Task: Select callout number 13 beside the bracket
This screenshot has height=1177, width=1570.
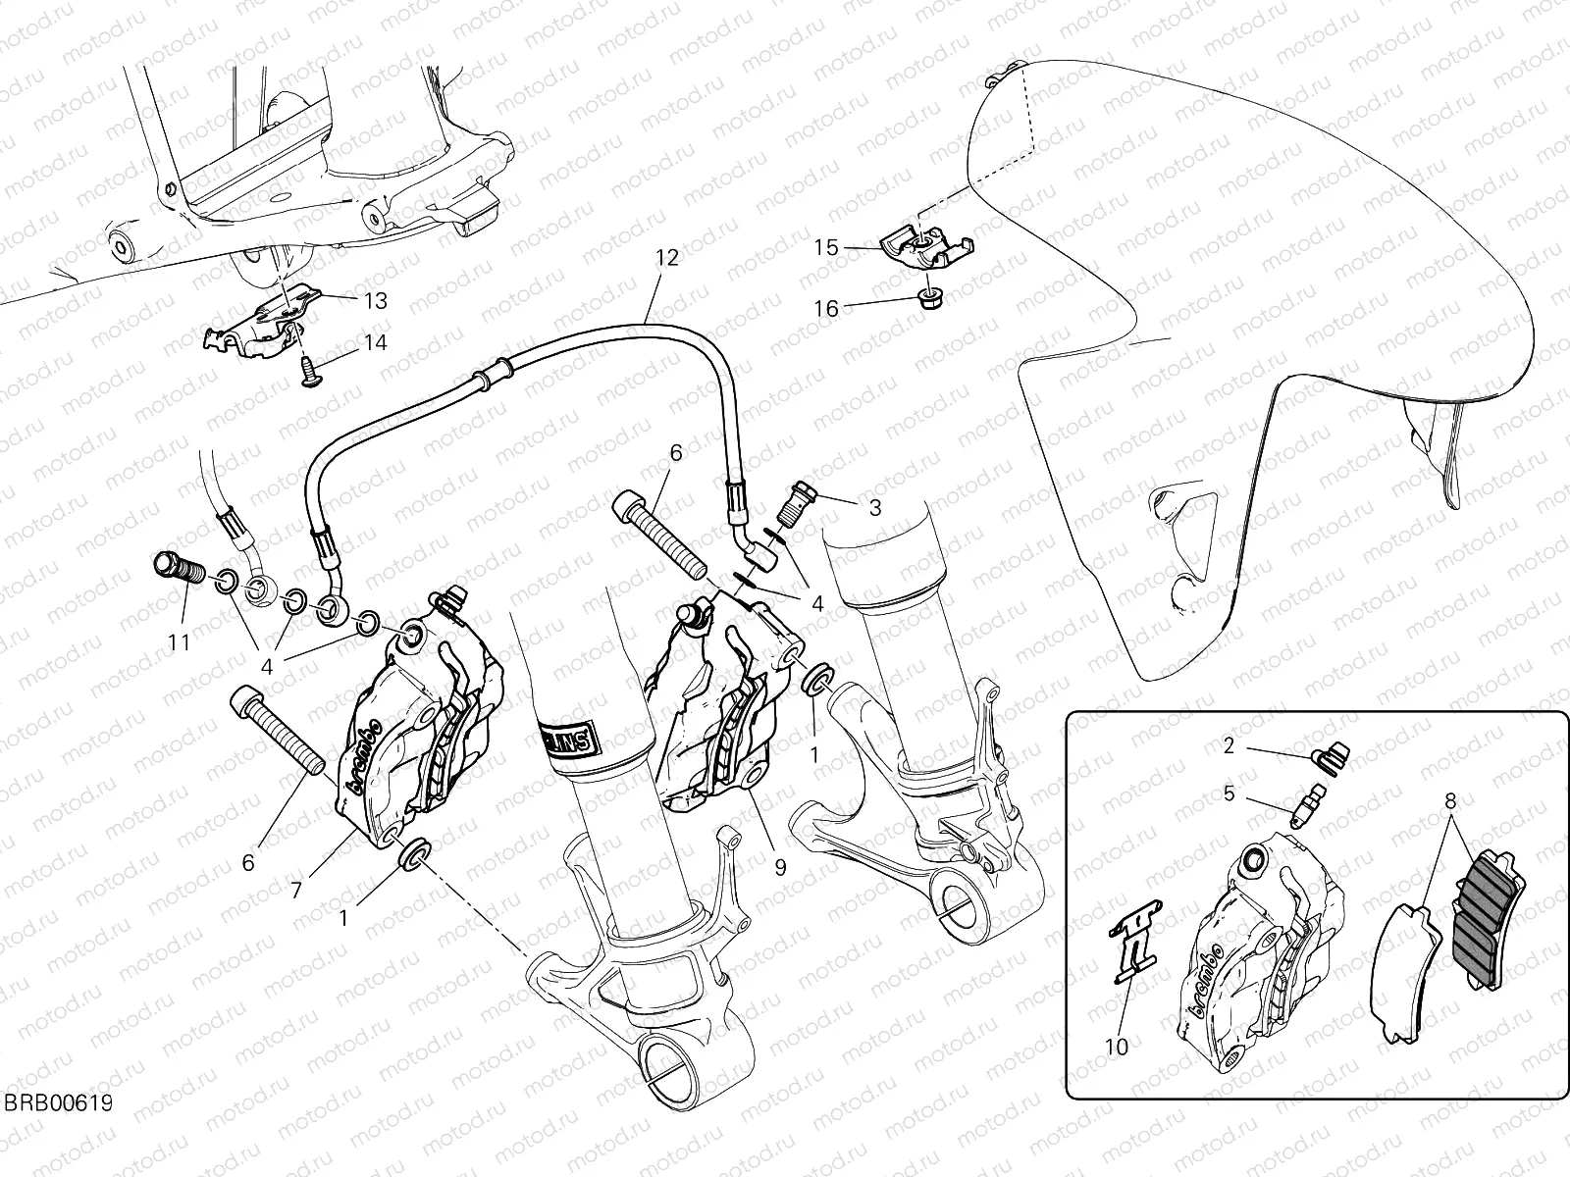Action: pyautogui.click(x=375, y=300)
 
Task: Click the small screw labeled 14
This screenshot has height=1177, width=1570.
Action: pyautogui.click(x=306, y=372)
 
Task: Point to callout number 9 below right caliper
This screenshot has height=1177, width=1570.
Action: pyautogui.click(x=779, y=867)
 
